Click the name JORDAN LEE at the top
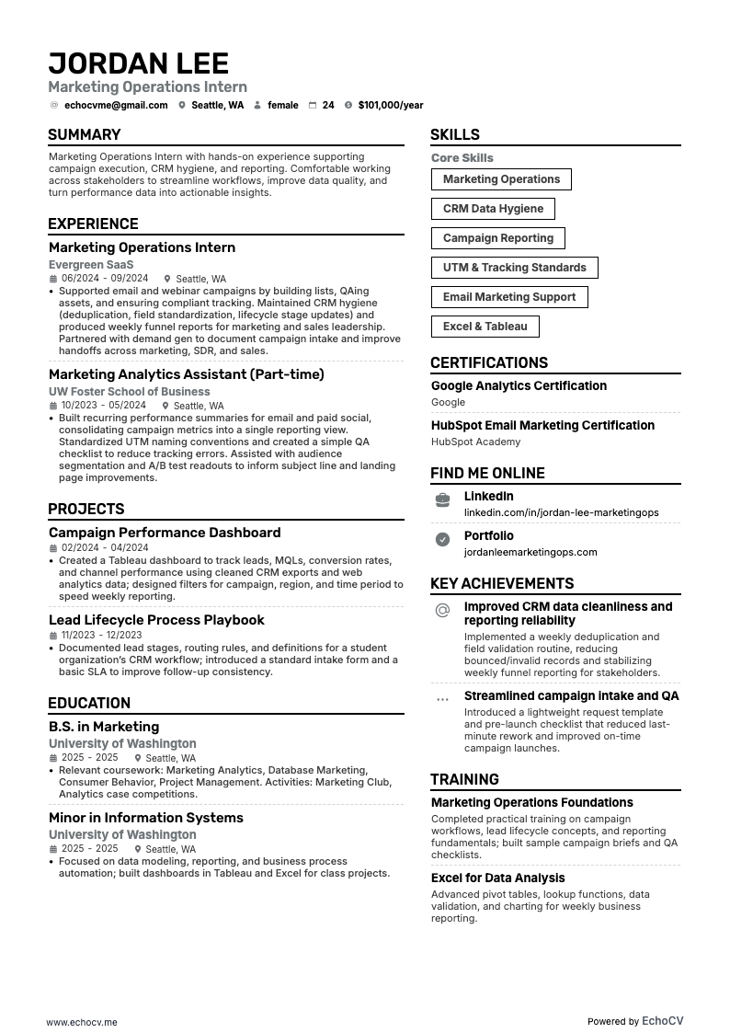(x=138, y=63)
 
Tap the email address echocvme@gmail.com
(x=115, y=106)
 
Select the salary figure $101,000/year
(x=391, y=106)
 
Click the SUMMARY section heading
(x=85, y=134)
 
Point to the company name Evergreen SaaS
(x=91, y=264)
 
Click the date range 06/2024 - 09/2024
(x=105, y=279)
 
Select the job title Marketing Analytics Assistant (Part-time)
(x=186, y=374)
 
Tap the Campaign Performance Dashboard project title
(x=165, y=533)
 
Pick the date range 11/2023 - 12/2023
(x=102, y=635)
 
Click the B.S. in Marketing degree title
(x=104, y=727)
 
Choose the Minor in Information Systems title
(x=145, y=818)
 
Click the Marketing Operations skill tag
(x=501, y=179)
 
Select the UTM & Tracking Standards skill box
(x=514, y=268)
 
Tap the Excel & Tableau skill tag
(x=485, y=327)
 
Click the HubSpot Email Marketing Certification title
(x=542, y=425)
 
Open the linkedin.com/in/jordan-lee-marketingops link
(x=561, y=512)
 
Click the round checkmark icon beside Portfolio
(x=442, y=540)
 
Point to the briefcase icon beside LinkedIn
(x=442, y=499)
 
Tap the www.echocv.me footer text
(x=82, y=1022)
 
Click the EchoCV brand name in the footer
(x=662, y=1021)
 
